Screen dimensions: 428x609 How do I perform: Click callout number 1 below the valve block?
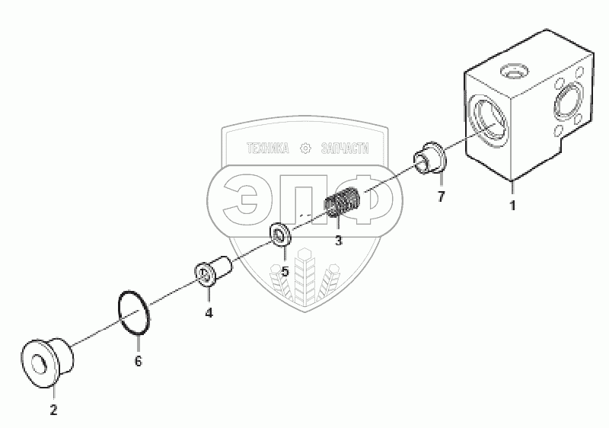coord(512,206)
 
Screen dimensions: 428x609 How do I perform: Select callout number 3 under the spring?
coord(338,241)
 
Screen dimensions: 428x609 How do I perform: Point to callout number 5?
coord(285,270)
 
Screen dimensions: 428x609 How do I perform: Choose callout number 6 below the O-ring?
coord(138,361)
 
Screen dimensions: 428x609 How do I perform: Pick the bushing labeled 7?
coord(431,157)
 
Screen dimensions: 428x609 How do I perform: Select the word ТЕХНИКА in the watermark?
coord(266,150)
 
